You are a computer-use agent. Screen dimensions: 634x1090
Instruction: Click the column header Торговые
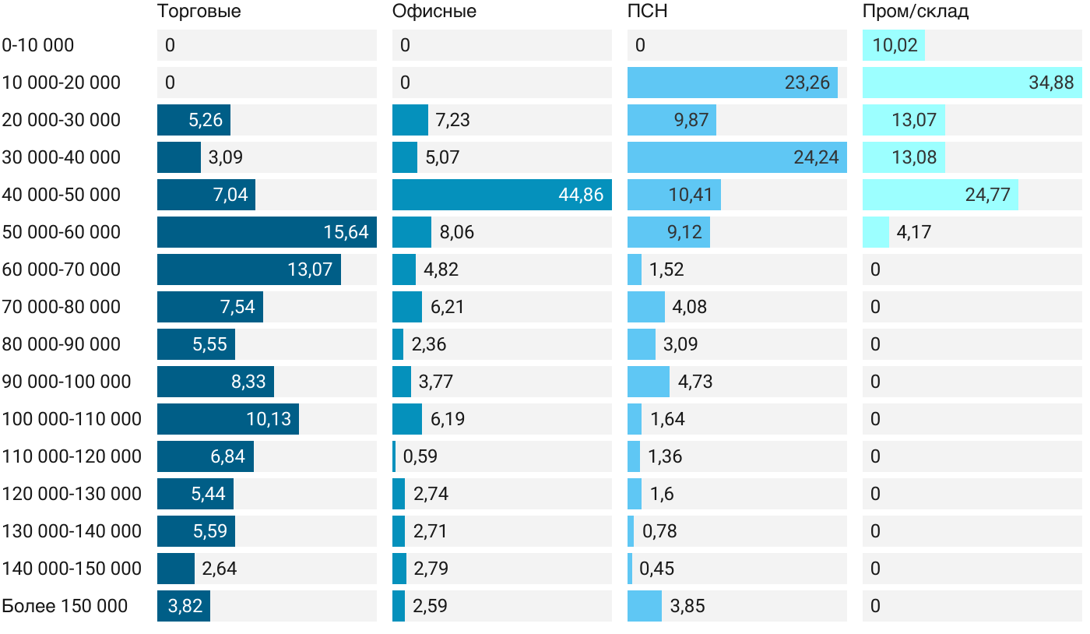coord(199,12)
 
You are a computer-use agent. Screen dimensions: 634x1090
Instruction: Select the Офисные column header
coord(434,12)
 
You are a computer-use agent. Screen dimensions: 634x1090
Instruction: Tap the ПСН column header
coord(647,12)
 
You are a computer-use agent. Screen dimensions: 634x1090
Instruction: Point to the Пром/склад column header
coord(915,12)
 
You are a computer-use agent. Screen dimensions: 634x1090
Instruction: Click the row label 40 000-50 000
coord(62,195)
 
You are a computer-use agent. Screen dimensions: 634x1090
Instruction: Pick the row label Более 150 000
coord(65,606)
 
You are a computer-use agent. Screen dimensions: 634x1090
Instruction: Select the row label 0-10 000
coord(38,45)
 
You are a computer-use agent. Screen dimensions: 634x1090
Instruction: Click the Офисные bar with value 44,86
coord(501,195)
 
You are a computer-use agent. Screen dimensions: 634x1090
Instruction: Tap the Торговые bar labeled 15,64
coord(266,232)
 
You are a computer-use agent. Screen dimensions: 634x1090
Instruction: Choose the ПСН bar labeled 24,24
coord(737,157)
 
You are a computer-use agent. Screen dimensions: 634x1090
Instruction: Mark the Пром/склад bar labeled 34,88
coord(972,83)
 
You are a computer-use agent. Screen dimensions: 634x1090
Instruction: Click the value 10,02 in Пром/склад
coord(895,45)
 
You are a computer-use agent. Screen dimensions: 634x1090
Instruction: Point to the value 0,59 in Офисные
coord(420,456)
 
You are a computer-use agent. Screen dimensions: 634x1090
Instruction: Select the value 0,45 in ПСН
coord(656,569)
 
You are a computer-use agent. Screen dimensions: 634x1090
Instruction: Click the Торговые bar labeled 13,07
coord(248,269)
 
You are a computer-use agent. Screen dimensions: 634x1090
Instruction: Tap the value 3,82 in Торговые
coord(185,606)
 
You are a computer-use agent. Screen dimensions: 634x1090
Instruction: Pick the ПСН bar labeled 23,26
coord(732,83)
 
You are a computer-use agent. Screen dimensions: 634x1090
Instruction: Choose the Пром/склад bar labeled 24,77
coord(940,195)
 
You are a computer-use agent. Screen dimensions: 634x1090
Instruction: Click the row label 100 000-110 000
coord(72,419)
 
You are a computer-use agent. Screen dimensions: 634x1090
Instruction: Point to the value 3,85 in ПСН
coord(687,606)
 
